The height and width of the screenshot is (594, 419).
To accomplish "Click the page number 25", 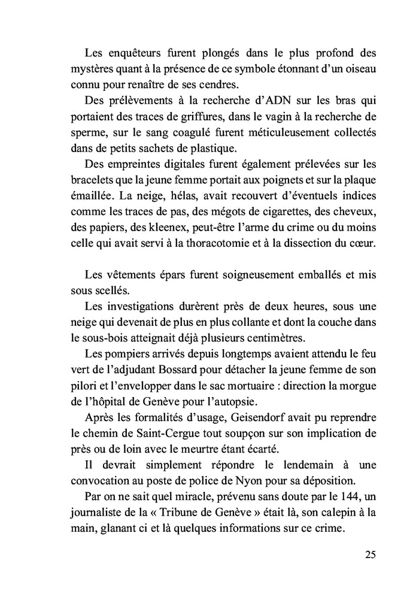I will [370, 554].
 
